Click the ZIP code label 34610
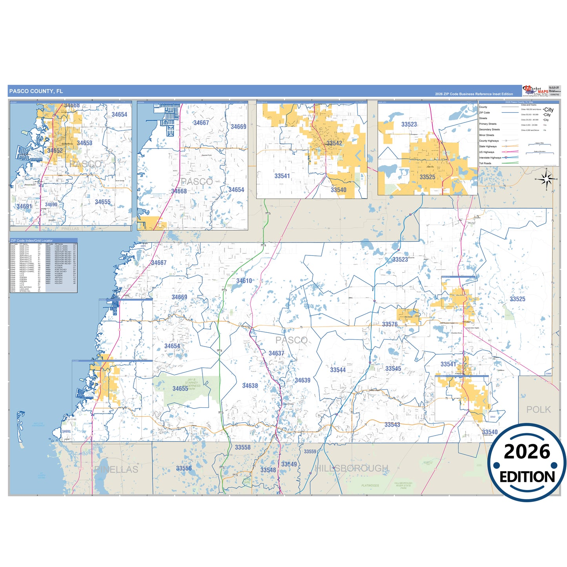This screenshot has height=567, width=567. click(x=244, y=281)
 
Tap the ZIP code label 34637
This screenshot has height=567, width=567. click(x=276, y=354)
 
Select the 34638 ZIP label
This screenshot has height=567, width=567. click(x=250, y=386)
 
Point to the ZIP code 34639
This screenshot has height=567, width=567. click(x=303, y=380)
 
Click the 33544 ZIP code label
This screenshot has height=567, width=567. click(x=338, y=370)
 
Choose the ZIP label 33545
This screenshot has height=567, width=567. click(x=393, y=369)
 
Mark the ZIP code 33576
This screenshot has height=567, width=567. click(x=390, y=325)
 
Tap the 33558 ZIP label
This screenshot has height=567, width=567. click(x=242, y=447)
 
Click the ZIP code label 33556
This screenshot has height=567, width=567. click(x=184, y=469)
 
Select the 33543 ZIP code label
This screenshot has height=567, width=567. click(x=392, y=425)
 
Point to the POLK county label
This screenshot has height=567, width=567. click(x=538, y=410)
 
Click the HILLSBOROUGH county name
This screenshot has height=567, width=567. click(x=352, y=469)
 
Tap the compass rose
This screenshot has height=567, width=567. click(x=545, y=180)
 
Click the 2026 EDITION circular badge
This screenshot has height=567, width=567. click(x=527, y=463)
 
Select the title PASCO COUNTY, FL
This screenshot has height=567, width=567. click(x=36, y=91)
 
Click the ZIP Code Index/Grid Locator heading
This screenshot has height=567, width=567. click(x=32, y=241)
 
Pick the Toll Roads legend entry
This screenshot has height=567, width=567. click(x=485, y=163)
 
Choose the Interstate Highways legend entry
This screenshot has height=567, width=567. click(x=490, y=158)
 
